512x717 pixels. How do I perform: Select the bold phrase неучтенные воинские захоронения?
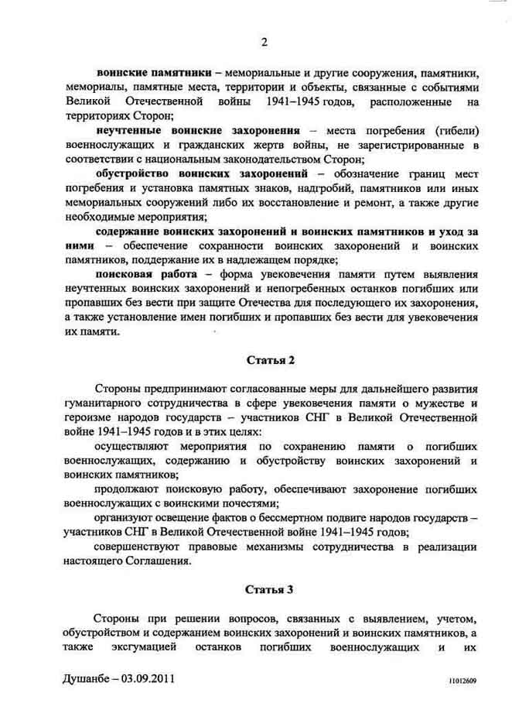198,130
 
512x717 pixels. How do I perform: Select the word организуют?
128,518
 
